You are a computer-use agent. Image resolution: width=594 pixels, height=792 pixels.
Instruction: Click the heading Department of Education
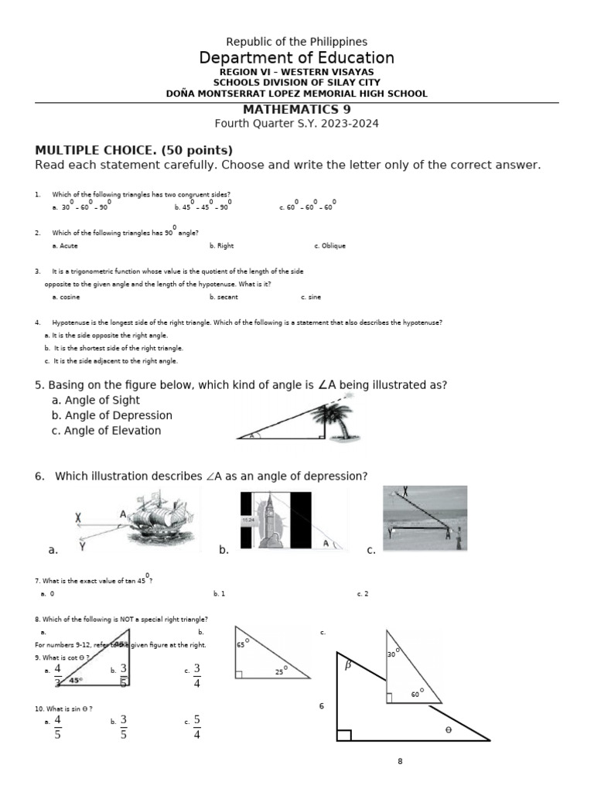[296, 58]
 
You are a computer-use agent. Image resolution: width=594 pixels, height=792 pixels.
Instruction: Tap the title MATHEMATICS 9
[297, 110]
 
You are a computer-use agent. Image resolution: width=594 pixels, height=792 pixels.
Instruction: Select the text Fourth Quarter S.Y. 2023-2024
[297, 124]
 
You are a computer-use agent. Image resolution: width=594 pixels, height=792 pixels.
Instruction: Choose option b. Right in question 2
[221, 246]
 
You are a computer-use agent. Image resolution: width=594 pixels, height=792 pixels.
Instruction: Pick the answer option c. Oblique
[329, 246]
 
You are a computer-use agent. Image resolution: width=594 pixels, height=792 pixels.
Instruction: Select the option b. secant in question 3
[224, 297]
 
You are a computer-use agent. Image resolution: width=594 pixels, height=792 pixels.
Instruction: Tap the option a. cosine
[66, 297]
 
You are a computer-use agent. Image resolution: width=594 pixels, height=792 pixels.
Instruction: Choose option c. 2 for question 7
[363, 594]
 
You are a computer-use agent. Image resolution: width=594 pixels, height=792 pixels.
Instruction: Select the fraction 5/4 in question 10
[196, 726]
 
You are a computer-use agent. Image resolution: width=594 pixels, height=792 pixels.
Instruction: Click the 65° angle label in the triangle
[241, 645]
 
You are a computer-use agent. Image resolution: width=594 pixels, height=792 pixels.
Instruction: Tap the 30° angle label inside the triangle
[393, 654]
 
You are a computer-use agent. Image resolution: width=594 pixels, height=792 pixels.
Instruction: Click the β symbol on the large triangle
[348, 664]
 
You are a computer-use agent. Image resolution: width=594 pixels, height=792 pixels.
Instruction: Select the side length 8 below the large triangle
[400, 762]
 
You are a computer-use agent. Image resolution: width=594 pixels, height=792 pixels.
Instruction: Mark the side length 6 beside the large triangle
[322, 706]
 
